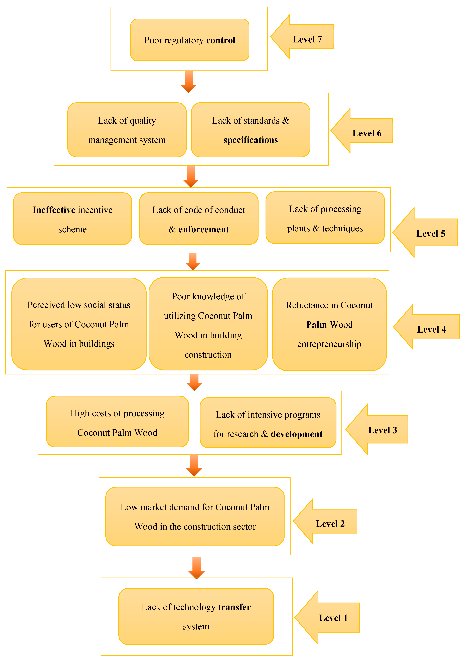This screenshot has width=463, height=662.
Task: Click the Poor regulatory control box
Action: pos(189,40)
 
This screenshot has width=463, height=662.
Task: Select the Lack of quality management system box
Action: pos(127,130)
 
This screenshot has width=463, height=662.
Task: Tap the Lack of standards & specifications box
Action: pos(250,130)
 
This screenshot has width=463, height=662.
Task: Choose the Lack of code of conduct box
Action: pos(199,219)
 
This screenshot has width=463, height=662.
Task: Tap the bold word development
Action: pos(297,434)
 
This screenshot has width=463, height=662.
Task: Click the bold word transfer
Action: pos(234,607)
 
